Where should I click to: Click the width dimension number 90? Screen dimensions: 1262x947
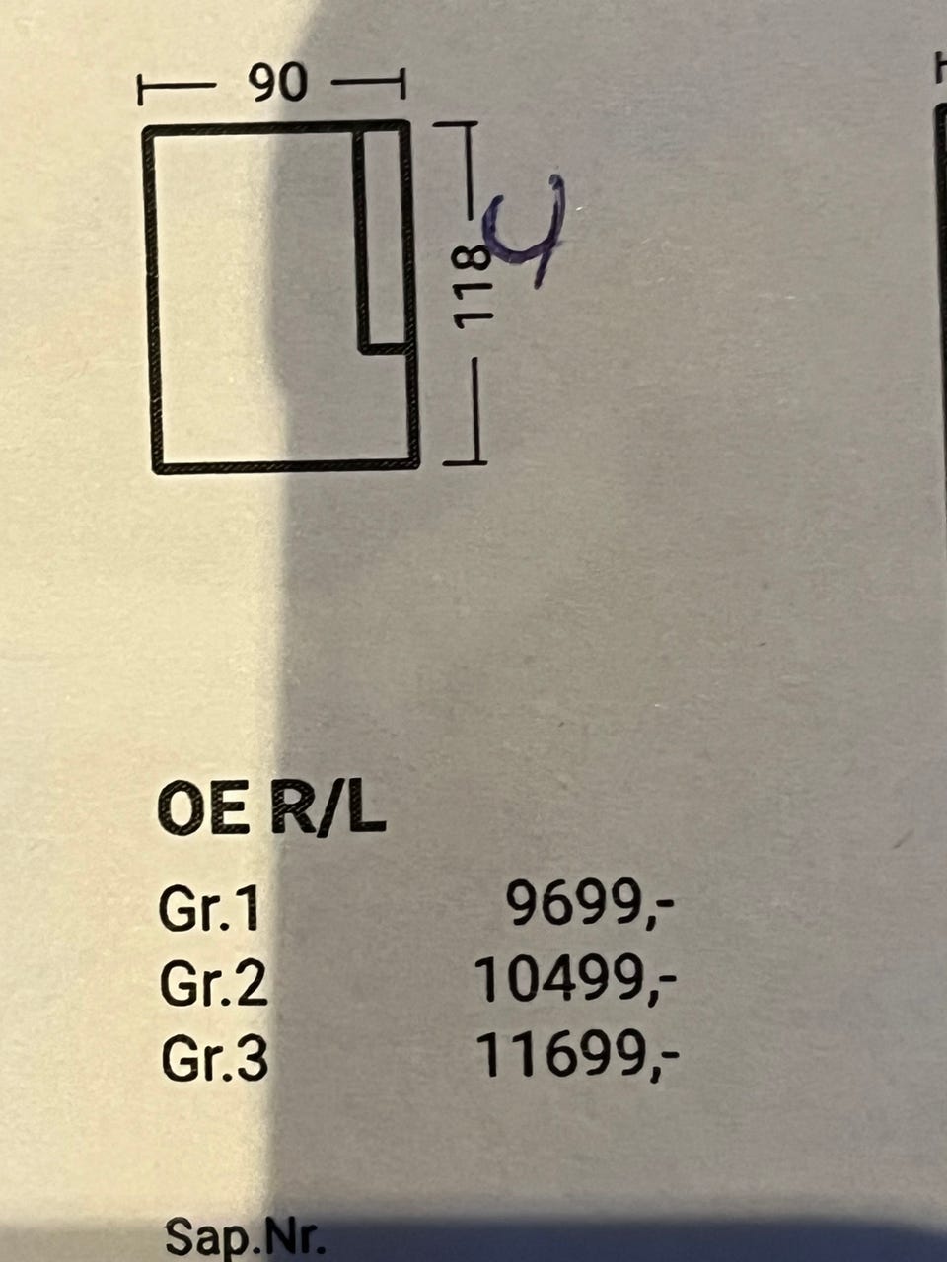[x=278, y=84]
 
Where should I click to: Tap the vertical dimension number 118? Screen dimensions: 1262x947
[x=472, y=286]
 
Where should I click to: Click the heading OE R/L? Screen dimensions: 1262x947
[x=271, y=811]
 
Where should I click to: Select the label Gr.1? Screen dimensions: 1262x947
[x=210, y=909]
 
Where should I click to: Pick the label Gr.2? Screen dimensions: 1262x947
[x=213, y=984]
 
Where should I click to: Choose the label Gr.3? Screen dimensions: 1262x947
[x=213, y=1059]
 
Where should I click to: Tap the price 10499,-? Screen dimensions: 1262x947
[x=576, y=980]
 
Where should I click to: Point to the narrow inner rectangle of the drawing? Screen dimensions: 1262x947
[x=382, y=238]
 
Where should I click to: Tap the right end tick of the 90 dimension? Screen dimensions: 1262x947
[x=401, y=84]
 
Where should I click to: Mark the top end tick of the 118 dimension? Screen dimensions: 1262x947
[x=456, y=125]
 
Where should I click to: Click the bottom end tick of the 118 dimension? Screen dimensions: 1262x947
[x=465, y=459]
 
